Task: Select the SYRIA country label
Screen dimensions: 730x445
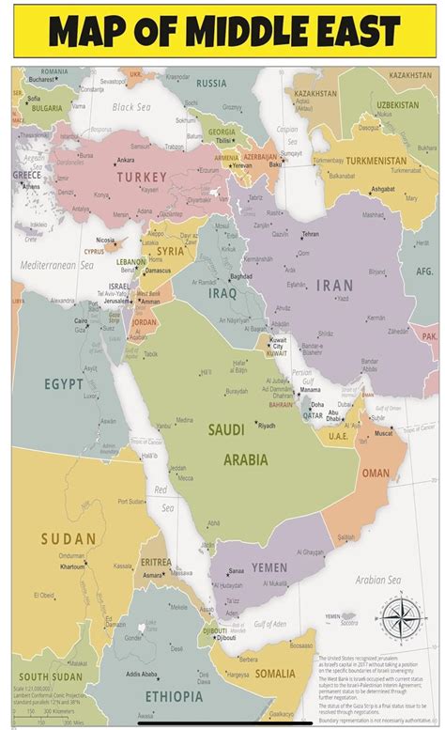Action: [x=170, y=251]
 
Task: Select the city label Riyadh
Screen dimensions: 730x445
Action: [x=266, y=426]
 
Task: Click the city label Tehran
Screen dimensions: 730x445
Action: [x=310, y=234]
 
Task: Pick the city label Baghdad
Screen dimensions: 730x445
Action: [x=241, y=276]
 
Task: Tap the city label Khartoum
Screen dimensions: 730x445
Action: [x=71, y=567]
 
